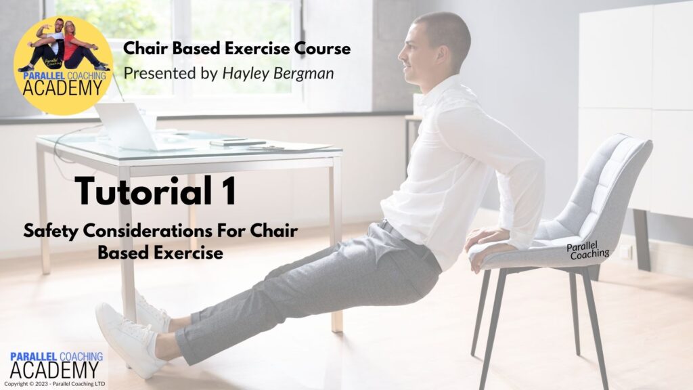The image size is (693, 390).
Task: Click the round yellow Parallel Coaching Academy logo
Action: [63, 66]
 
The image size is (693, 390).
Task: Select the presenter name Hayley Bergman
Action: [277, 73]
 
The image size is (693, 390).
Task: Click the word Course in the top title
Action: [323, 48]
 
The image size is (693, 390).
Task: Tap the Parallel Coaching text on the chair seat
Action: [587, 251]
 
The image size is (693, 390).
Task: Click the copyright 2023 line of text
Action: [55, 384]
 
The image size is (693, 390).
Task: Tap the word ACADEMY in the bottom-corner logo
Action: [54, 370]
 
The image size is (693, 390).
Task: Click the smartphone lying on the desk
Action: [238, 142]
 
